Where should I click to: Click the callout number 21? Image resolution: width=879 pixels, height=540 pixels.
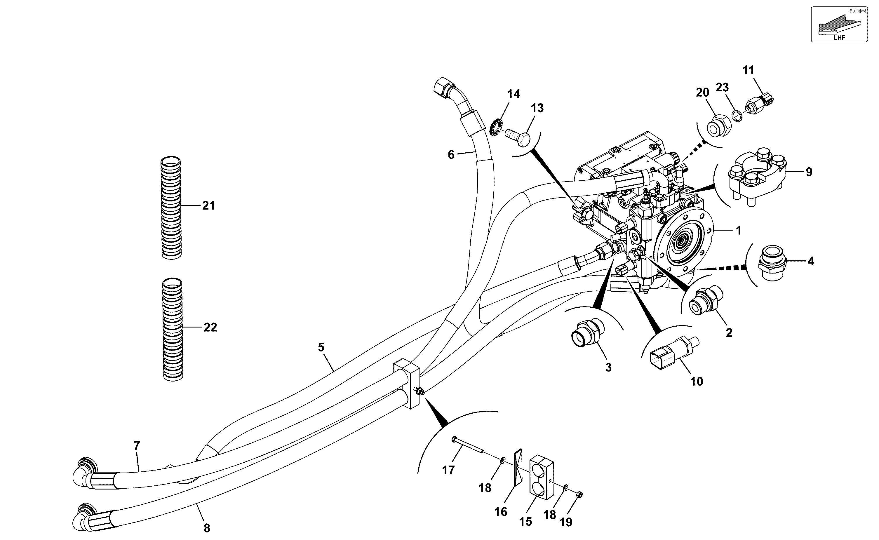(209, 206)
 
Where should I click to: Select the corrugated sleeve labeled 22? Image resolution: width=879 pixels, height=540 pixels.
(173, 329)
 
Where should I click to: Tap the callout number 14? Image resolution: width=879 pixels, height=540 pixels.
(514, 94)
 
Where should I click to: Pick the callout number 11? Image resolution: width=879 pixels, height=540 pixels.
(748, 70)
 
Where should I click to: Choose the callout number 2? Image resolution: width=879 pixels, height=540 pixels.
(729, 333)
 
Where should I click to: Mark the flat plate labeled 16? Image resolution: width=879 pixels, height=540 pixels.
(518, 467)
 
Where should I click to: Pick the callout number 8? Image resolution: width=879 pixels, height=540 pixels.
(207, 528)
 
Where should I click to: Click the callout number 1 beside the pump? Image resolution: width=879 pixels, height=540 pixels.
(739, 231)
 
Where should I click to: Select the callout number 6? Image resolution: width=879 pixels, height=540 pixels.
(451, 155)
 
